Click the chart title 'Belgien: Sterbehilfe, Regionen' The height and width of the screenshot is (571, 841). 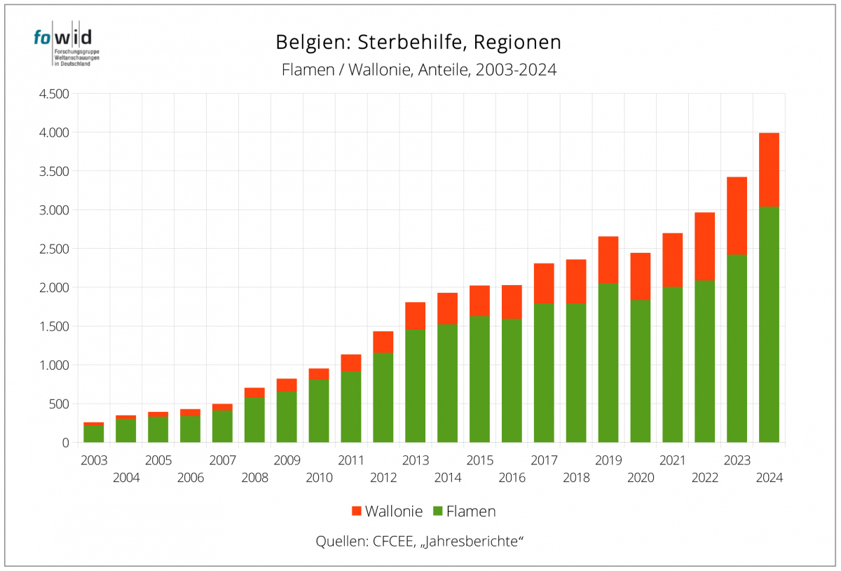click(x=418, y=42)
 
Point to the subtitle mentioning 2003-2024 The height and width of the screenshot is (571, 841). click(x=418, y=70)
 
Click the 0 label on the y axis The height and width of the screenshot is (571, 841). click(x=64, y=443)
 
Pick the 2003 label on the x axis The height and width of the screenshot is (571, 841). click(x=94, y=460)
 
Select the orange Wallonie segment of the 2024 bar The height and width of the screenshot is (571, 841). click(x=769, y=170)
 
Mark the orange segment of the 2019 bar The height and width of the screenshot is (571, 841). click(x=608, y=260)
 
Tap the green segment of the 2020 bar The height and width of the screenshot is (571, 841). click(x=641, y=371)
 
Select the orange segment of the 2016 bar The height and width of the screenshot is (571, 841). click(x=512, y=302)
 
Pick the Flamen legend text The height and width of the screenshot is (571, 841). click(x=471, y=511)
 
